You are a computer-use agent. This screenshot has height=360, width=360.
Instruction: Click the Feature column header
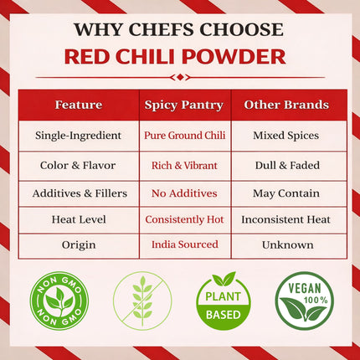tap(79, 105)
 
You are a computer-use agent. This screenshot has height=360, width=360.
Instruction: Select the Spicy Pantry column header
tap(185, 105)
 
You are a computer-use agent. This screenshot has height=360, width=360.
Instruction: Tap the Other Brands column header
tap(286, 105)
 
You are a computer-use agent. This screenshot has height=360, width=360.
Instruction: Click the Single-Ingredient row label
tap(79, 135)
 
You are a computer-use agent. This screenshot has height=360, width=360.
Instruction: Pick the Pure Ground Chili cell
tap(185, 135)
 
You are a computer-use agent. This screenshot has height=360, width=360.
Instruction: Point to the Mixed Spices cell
tap(286, 135)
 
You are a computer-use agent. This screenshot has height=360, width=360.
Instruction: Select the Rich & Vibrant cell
tap(185, 165)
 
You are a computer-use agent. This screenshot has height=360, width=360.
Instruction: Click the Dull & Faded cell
tap(286, 165)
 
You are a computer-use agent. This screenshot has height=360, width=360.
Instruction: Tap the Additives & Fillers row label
tap(79, 193)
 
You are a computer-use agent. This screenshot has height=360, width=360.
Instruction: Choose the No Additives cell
tap(185, 193)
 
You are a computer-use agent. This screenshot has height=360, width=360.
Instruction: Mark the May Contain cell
tap(286, 193)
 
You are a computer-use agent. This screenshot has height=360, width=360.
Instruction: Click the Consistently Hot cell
tap(185, 219)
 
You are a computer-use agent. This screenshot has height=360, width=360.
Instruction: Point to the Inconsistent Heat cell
tap(286, 219)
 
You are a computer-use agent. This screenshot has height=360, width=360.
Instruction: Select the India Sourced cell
tap(185, 244)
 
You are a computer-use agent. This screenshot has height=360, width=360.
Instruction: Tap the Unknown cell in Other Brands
tap(286, 244)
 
